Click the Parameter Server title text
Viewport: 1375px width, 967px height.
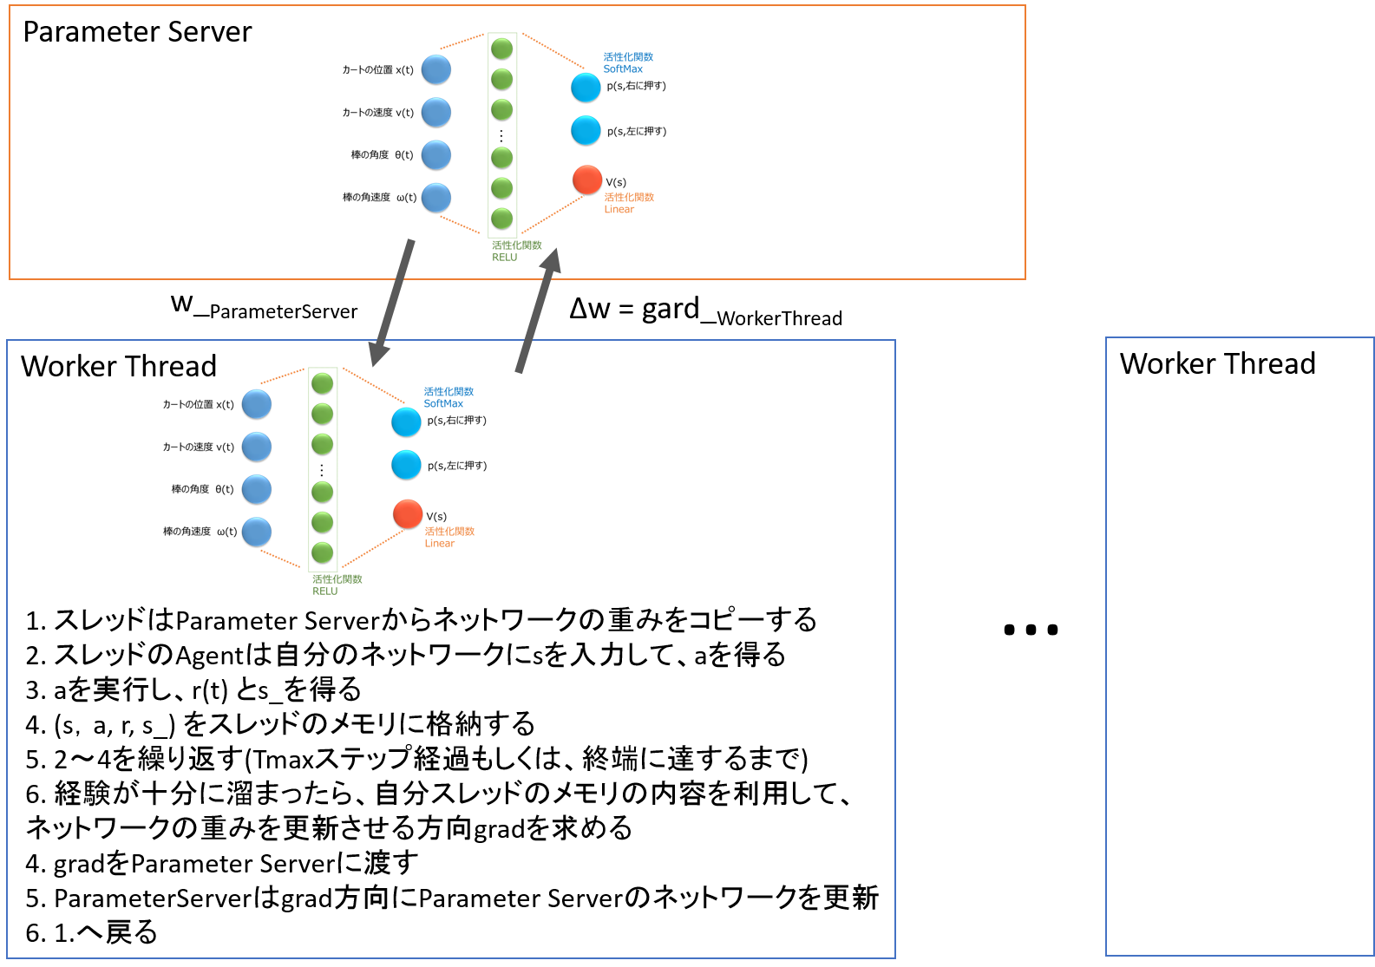(x=137, y=32)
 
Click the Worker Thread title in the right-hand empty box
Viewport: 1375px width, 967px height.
(x=1217, y=363)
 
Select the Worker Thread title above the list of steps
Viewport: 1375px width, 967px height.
(x=119, y=366)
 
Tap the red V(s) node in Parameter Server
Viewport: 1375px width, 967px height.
(x=587, y=180)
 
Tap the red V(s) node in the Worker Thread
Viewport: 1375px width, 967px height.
(x=408, y=513)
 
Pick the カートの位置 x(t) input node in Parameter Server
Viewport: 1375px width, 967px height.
(x=436, y=69)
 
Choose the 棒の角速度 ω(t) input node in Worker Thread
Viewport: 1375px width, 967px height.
(x=257, y=532)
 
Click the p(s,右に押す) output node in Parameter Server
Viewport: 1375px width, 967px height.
(x=586, y=87)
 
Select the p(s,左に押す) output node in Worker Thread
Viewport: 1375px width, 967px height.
(x=406, y=465)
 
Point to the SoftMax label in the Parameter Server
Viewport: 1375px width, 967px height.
(x=623, y=69)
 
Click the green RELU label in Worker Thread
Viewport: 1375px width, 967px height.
(x=325, y=591)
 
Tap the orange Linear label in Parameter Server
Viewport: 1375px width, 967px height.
(x=619, y=210)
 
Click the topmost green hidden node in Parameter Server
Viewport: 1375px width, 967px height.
(x=501, y=49)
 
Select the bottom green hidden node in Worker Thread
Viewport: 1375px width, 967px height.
(x=323, y=552)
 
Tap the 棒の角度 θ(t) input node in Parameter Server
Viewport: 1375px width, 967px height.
(x=436, y=155)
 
